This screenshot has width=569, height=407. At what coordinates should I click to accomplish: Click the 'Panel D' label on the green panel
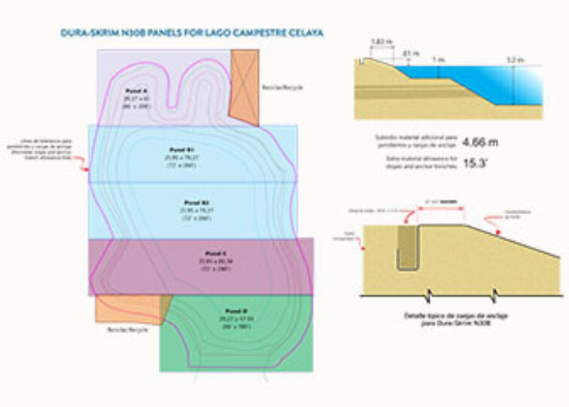point(230,311)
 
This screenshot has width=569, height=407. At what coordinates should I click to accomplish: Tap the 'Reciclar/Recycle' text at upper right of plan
point(282,87)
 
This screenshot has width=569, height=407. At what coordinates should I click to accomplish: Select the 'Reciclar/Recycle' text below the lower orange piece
point(126,329)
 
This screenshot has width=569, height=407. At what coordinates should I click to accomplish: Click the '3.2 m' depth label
point(515,59)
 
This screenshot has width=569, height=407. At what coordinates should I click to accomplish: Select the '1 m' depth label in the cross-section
point(437,59)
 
